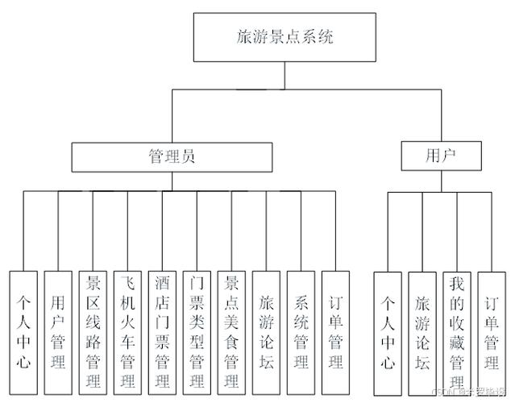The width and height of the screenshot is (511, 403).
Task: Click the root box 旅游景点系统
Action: click(x=285, y=36)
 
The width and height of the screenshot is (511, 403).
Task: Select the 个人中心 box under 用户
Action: click(x=388, y=332)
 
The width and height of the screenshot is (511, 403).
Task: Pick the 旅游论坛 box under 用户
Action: click(x=422, y=332)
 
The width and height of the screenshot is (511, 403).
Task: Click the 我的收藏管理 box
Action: click(x=457, y=332)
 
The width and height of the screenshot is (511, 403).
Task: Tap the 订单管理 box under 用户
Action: click(x=492, y=332)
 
